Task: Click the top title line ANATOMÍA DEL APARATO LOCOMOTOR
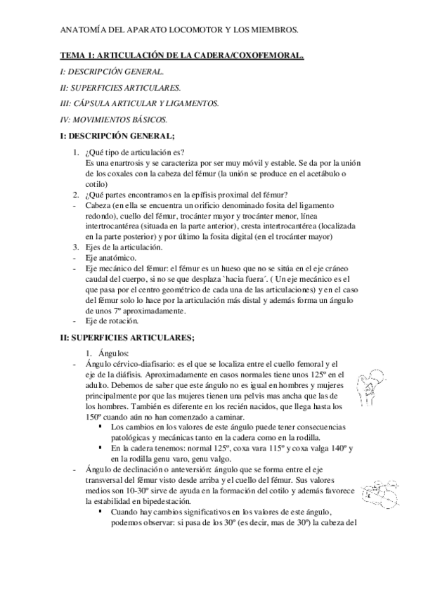tap(179, 30)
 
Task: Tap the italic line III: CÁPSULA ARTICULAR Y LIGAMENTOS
tap(140, 103)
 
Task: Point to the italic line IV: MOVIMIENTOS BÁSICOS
tap(114, 119)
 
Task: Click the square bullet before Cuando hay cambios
tap(103, 512)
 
